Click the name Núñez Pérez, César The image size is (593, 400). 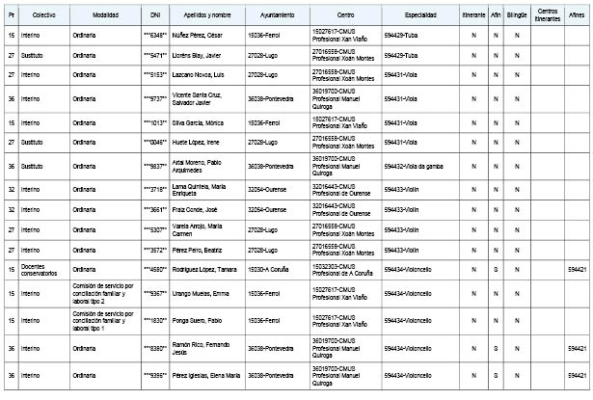199,36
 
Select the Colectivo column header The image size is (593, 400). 42,17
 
